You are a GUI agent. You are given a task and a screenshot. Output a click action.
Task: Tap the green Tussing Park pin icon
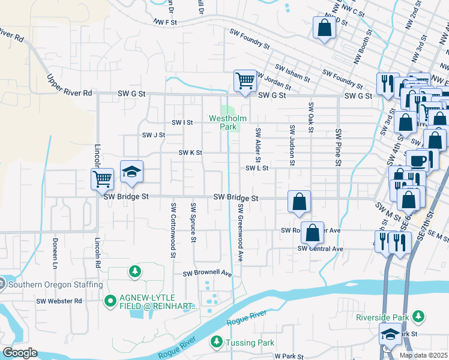point(215,342)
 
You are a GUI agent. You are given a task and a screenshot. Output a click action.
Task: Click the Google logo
point(19,353)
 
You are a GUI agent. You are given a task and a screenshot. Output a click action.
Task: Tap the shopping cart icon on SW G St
point(244,80)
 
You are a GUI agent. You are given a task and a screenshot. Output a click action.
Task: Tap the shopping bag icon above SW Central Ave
point(312,233)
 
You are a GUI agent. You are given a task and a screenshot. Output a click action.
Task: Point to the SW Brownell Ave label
point(207,274)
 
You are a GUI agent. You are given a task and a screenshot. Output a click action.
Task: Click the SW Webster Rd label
point(59,301)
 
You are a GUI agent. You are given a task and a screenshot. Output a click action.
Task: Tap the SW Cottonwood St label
point(173,230)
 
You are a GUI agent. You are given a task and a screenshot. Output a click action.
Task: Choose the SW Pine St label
point(339,147)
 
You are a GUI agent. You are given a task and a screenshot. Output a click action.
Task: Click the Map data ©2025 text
point(424,355)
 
